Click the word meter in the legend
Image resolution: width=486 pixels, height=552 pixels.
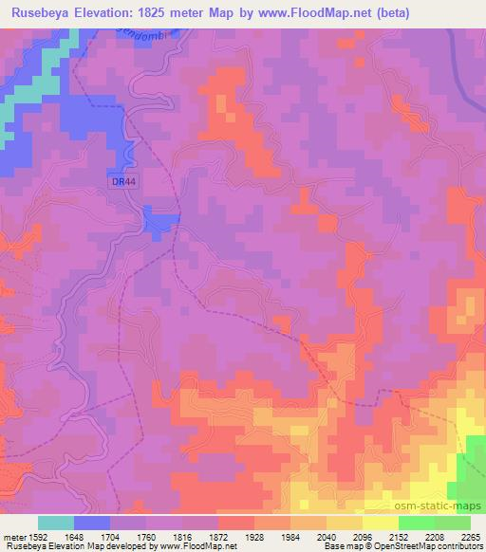click(x=12, y=536)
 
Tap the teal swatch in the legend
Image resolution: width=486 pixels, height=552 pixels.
click(x=56, y=523)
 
